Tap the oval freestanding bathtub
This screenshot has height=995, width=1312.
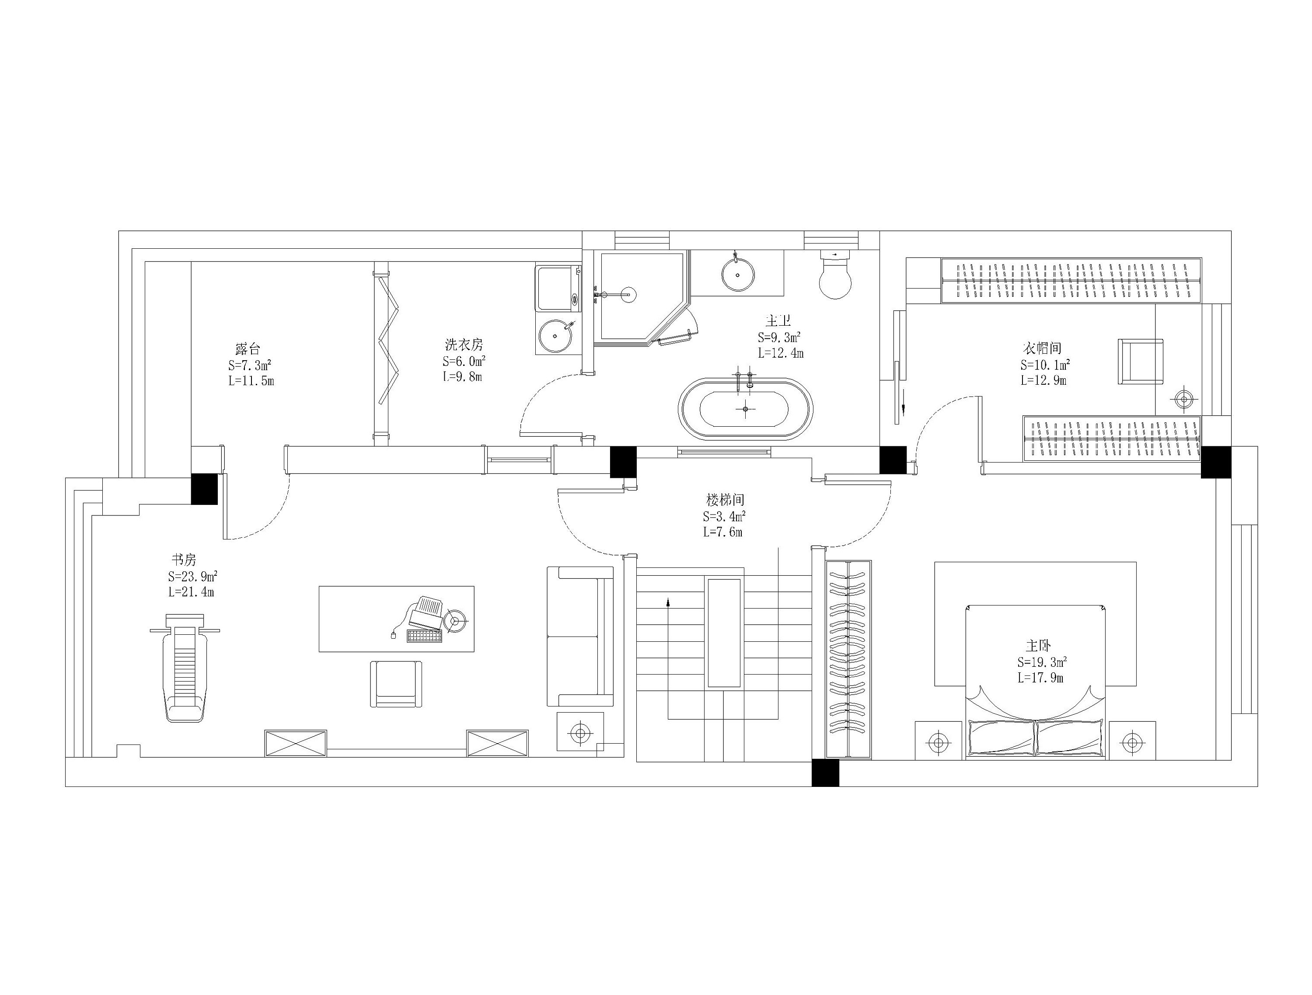[x=746, y=409]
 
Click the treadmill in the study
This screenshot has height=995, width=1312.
[x=185, y=668]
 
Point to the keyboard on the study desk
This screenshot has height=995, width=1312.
[x=425, y=636]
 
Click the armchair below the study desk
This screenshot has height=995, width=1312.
[x=396, y=684]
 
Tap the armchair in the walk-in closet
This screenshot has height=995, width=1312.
[x=1140, y=362]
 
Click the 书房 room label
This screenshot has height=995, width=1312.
[x=184, y=559]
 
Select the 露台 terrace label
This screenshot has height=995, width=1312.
[x=248, y=349]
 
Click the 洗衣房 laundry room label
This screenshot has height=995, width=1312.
[x=464, y=344]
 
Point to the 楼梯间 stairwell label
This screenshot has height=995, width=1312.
[x=725, y=499]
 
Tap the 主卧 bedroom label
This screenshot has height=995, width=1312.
[x=1039, y=645]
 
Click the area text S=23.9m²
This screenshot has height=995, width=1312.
[x=192, y=576]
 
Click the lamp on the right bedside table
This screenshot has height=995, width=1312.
[x=1132, y=741]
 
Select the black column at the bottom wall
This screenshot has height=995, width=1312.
[x=826, y=772]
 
